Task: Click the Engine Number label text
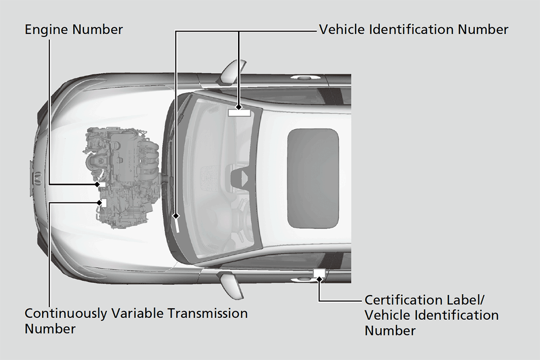(x=73, y=30)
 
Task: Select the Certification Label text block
(x=431, y=315)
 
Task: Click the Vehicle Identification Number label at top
(x=414, y=30)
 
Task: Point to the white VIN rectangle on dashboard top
(x=239, y=112)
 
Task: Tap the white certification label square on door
(x=319, y=273)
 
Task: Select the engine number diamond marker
(x=98, y=184)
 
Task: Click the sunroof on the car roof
(x=313, y=178)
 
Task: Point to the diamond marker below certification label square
(x=319, y=279)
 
